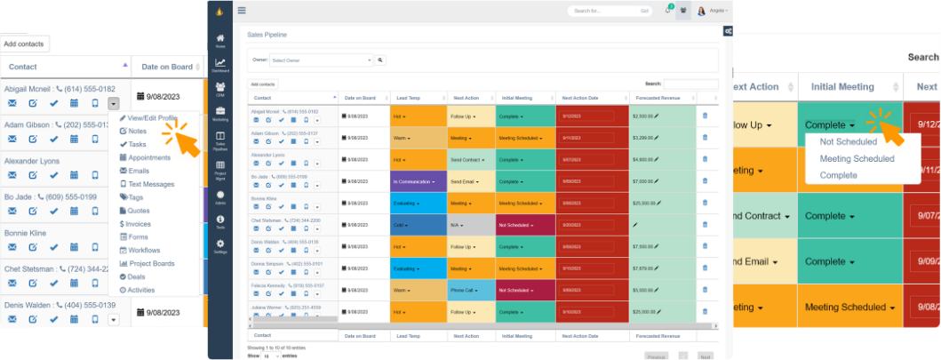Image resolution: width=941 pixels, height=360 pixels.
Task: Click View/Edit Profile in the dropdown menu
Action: [152, 117]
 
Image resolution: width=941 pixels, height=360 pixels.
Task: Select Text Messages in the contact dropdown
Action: [151, 183]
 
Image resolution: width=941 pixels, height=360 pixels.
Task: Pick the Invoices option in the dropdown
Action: [139, 223]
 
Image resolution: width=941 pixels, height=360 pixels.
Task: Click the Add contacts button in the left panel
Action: [24, 44]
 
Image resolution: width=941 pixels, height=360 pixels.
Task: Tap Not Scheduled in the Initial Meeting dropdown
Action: [849, 142]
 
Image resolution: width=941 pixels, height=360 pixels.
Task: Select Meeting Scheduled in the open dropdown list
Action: [857, 159]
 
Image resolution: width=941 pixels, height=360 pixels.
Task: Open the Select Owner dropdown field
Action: [321, 60]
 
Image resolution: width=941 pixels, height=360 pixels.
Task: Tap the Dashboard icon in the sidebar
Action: [219, 65]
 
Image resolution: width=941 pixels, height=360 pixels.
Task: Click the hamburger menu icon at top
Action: [242, 11]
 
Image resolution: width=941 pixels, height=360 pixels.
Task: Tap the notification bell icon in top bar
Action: [667, 11]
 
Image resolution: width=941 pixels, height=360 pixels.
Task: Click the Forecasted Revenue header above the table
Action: [658, 98]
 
